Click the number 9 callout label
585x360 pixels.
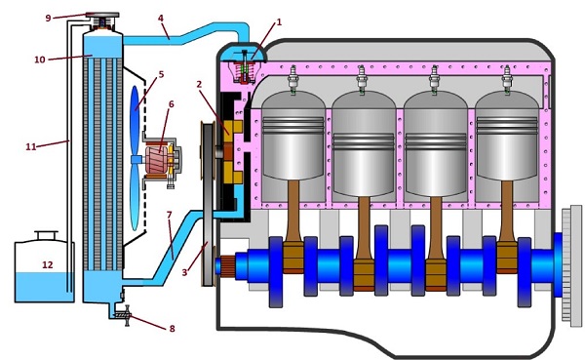click(48, 18)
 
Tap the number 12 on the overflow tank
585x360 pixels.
click(48, 264)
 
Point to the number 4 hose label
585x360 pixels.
click(161, 18)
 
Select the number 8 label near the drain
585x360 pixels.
click(172, 329)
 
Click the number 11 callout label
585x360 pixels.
click(31, 146)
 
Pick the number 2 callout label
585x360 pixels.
click(199, 85)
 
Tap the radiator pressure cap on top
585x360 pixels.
click(101, 16)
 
